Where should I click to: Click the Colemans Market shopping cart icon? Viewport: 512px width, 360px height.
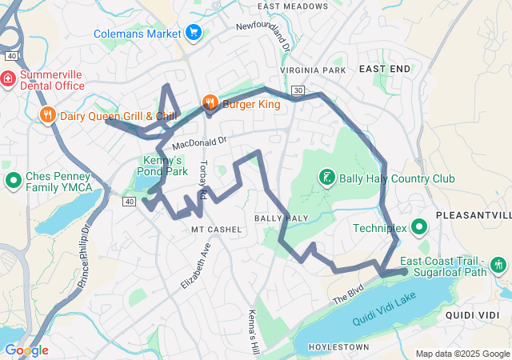click(x=193, y=33)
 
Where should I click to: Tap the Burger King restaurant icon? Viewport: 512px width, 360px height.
click(x=210, y=102)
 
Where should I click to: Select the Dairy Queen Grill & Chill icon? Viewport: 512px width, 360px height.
click(x=48, y=115)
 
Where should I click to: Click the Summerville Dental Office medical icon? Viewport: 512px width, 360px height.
click(x=7, y=79)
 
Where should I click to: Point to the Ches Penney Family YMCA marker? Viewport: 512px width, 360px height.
click(x=13, y=181)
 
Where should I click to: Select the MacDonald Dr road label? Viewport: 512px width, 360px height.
click(x=199, y=142)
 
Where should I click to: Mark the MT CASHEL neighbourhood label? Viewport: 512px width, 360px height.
click(x=216, y=229)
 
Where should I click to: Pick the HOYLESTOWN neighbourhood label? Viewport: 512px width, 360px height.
click(x=342, y=347)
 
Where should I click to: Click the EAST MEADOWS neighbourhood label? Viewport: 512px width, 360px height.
click(x=293, y=6)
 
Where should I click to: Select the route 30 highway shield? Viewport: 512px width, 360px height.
click(x=298, y=90)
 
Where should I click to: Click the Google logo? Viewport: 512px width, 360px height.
click(x=26, y=350)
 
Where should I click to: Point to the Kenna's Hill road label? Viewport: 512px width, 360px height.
click(x=254, y=329)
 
